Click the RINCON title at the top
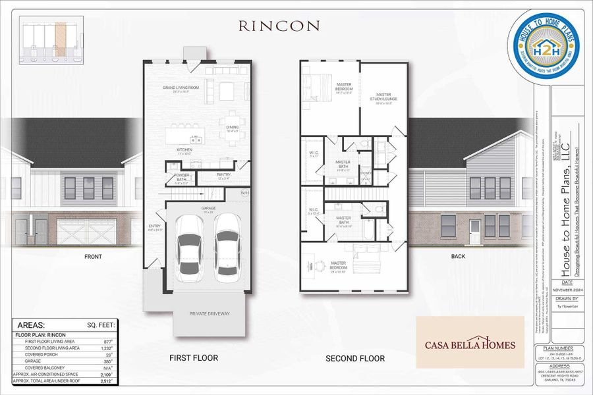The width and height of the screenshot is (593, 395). (279, 26)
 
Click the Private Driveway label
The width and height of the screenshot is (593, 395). (210, 313)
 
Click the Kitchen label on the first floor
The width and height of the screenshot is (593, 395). (184, 151)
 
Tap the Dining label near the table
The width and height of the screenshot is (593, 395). (232, 128)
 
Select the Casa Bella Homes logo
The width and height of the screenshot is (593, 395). (470, 342)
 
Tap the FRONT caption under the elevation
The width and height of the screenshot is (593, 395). (92, 257)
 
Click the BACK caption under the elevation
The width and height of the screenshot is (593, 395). (459, 256)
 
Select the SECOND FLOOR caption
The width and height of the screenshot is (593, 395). (355, 359)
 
